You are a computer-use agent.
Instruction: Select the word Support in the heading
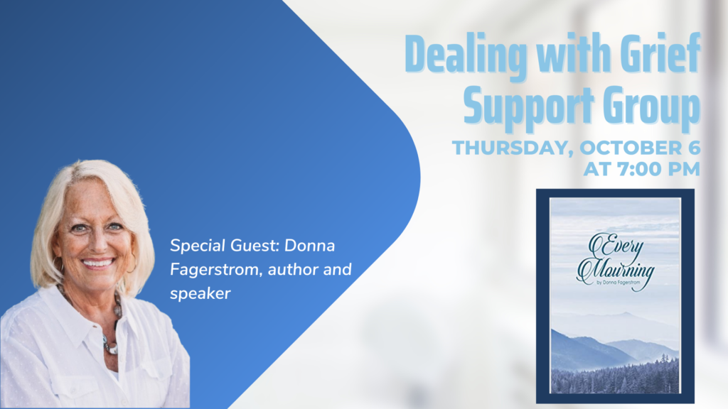[x=529, y=107]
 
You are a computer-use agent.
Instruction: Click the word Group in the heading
[x=652, y=107]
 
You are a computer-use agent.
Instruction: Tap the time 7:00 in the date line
[x=642, y=169]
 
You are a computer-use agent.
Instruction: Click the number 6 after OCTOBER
[x=694, y=148]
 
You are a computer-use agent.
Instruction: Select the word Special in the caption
[x=198, y=246]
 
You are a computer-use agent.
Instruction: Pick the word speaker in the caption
[x=200, y=294]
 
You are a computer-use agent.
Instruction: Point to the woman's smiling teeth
[x=98, y=263]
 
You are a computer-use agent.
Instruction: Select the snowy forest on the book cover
[x=615, y=375]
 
